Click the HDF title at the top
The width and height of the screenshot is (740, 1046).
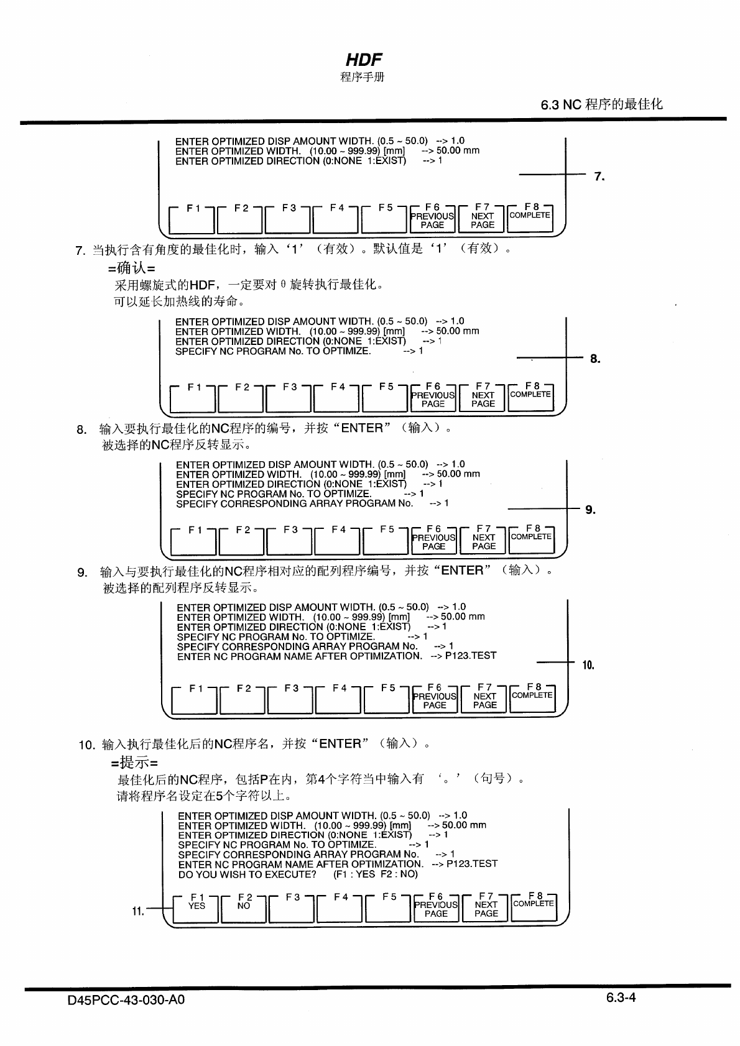364,60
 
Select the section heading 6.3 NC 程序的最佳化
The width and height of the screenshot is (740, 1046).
601,104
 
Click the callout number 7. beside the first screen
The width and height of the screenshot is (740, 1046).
599,177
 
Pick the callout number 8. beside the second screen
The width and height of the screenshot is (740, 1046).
595,359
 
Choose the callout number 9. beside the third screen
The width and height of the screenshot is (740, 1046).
591,510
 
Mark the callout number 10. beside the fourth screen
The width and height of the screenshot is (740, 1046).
588,666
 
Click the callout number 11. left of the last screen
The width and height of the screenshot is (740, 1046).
138,911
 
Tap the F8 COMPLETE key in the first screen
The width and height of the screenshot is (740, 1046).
530,217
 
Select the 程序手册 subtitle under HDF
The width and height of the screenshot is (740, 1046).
363,77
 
